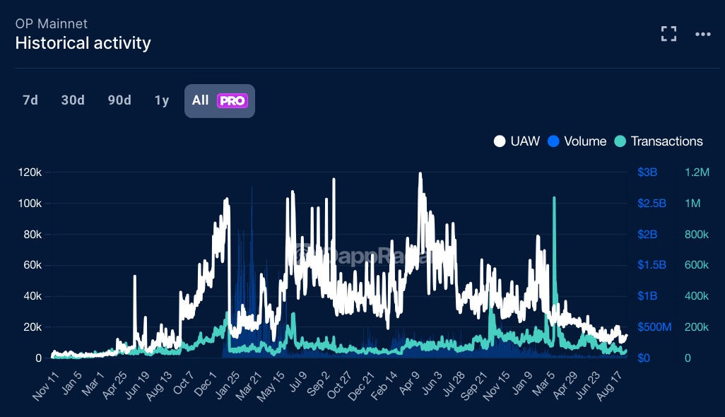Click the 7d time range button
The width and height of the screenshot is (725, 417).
(x=30, y=100)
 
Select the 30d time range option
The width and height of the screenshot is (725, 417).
(x=73, y=100)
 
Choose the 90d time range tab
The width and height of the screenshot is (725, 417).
(x=119, y=100)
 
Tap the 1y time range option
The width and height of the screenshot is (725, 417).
(x=162, y=100)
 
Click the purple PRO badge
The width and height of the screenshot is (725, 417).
(x=232, y=101)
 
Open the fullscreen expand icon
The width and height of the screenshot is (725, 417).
(x=668, y=34)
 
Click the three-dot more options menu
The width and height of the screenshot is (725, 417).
(x=702, y=34)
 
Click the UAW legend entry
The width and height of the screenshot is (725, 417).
(x=517, y=141)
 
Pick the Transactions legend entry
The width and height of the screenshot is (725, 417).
(x=659, y=141)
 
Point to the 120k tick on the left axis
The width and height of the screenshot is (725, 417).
(x=30, y=172)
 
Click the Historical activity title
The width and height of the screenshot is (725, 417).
(x=83, y=43)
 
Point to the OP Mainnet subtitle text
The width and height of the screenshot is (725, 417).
(x=51, y=23)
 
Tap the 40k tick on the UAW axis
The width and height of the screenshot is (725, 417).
(x=33, y=296)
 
